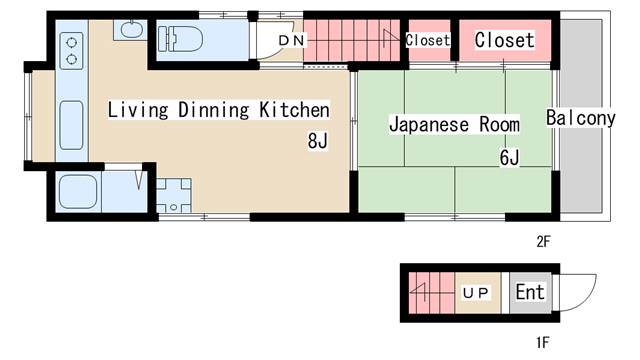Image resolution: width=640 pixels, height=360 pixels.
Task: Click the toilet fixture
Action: [180, 39]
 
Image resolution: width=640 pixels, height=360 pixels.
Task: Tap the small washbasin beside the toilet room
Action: [130, 30]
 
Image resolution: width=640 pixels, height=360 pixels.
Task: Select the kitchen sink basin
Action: [71, 125]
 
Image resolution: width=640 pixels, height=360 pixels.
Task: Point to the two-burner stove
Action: [71, 51]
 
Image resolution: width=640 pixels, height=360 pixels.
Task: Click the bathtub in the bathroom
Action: [78, 192]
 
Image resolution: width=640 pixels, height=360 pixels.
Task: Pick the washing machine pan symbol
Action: [174, 195]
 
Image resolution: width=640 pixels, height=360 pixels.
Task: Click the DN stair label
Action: [291, 40]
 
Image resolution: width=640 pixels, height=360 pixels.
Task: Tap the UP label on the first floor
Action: [476, 293]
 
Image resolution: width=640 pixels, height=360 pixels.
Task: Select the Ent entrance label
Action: [530, 292]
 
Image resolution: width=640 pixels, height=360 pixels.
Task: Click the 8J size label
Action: [318, 141]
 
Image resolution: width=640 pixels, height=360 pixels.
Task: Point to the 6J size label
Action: [509, 158]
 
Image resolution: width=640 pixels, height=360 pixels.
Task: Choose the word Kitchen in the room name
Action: [294, 110]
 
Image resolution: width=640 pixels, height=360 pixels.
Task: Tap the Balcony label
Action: [580, 118]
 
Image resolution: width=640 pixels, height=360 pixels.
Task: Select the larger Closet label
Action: [504, 40]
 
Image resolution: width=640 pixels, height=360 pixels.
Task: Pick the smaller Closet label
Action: [428, 40]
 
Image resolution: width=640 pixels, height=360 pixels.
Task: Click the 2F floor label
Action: [543, 242]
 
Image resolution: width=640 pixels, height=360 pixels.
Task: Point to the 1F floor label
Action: [543, 342]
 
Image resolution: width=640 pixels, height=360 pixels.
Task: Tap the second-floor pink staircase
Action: [351, 40]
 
